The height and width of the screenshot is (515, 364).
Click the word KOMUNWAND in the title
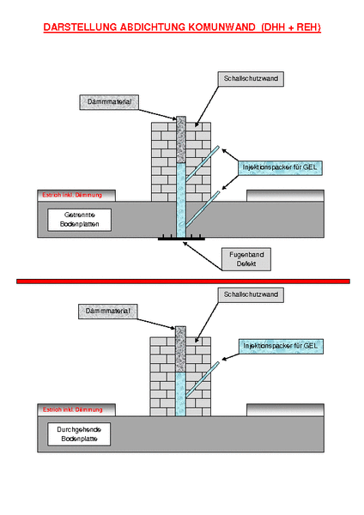222,27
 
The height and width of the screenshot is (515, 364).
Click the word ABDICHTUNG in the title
153,27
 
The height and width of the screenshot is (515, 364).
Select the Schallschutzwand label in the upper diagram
251,79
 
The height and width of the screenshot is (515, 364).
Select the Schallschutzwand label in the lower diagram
251,295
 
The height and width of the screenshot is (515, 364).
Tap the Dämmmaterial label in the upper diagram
109,102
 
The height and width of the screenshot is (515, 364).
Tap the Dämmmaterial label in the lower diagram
108,312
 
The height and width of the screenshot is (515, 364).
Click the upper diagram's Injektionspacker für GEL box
280,168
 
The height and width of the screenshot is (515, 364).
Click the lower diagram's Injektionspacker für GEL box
281,347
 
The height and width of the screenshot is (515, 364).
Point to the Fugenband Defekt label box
246,259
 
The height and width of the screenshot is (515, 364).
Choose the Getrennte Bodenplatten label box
80,220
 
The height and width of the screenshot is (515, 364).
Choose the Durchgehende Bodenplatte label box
79,434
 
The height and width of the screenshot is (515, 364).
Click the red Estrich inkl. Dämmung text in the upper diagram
72,195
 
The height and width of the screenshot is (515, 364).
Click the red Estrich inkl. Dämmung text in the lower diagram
73,409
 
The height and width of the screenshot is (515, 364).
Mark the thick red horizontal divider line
183,282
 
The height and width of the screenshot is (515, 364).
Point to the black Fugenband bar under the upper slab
181,239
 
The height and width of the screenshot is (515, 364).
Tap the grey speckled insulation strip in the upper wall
181,140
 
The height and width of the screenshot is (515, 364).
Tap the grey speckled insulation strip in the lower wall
180,349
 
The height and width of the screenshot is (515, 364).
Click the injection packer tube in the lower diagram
203,379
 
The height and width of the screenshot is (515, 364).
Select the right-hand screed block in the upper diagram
286,196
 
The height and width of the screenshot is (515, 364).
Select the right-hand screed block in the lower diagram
286,410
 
